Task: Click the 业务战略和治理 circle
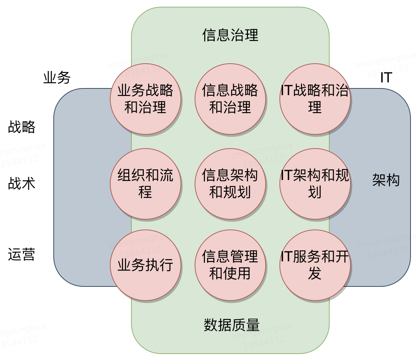(x=145, y=99)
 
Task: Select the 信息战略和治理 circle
(x=230, y=99)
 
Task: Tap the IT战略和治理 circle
(x=315, y=99)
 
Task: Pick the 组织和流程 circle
(x=145, y=184)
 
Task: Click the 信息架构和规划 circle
(x=230, y=184)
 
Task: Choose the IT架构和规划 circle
(x=315, y=184)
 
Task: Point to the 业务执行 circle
(x=145, y=265)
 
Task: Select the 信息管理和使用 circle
(x=230, y=265)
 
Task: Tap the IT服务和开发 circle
(x=315, y=265)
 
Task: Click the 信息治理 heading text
(x=230, y=35)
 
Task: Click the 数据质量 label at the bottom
(x=231, y=325)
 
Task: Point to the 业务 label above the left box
(x=57, y=77)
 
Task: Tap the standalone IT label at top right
(x=386, y=77)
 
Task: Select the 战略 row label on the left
(x=22, y=127)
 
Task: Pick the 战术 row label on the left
(x=22, y=184)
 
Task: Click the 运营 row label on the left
(x=22, y=254)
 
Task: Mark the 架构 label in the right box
(x=386, y=180)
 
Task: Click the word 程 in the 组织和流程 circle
(x=145, y=193)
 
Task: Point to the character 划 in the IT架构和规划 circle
(x=315, y=193)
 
